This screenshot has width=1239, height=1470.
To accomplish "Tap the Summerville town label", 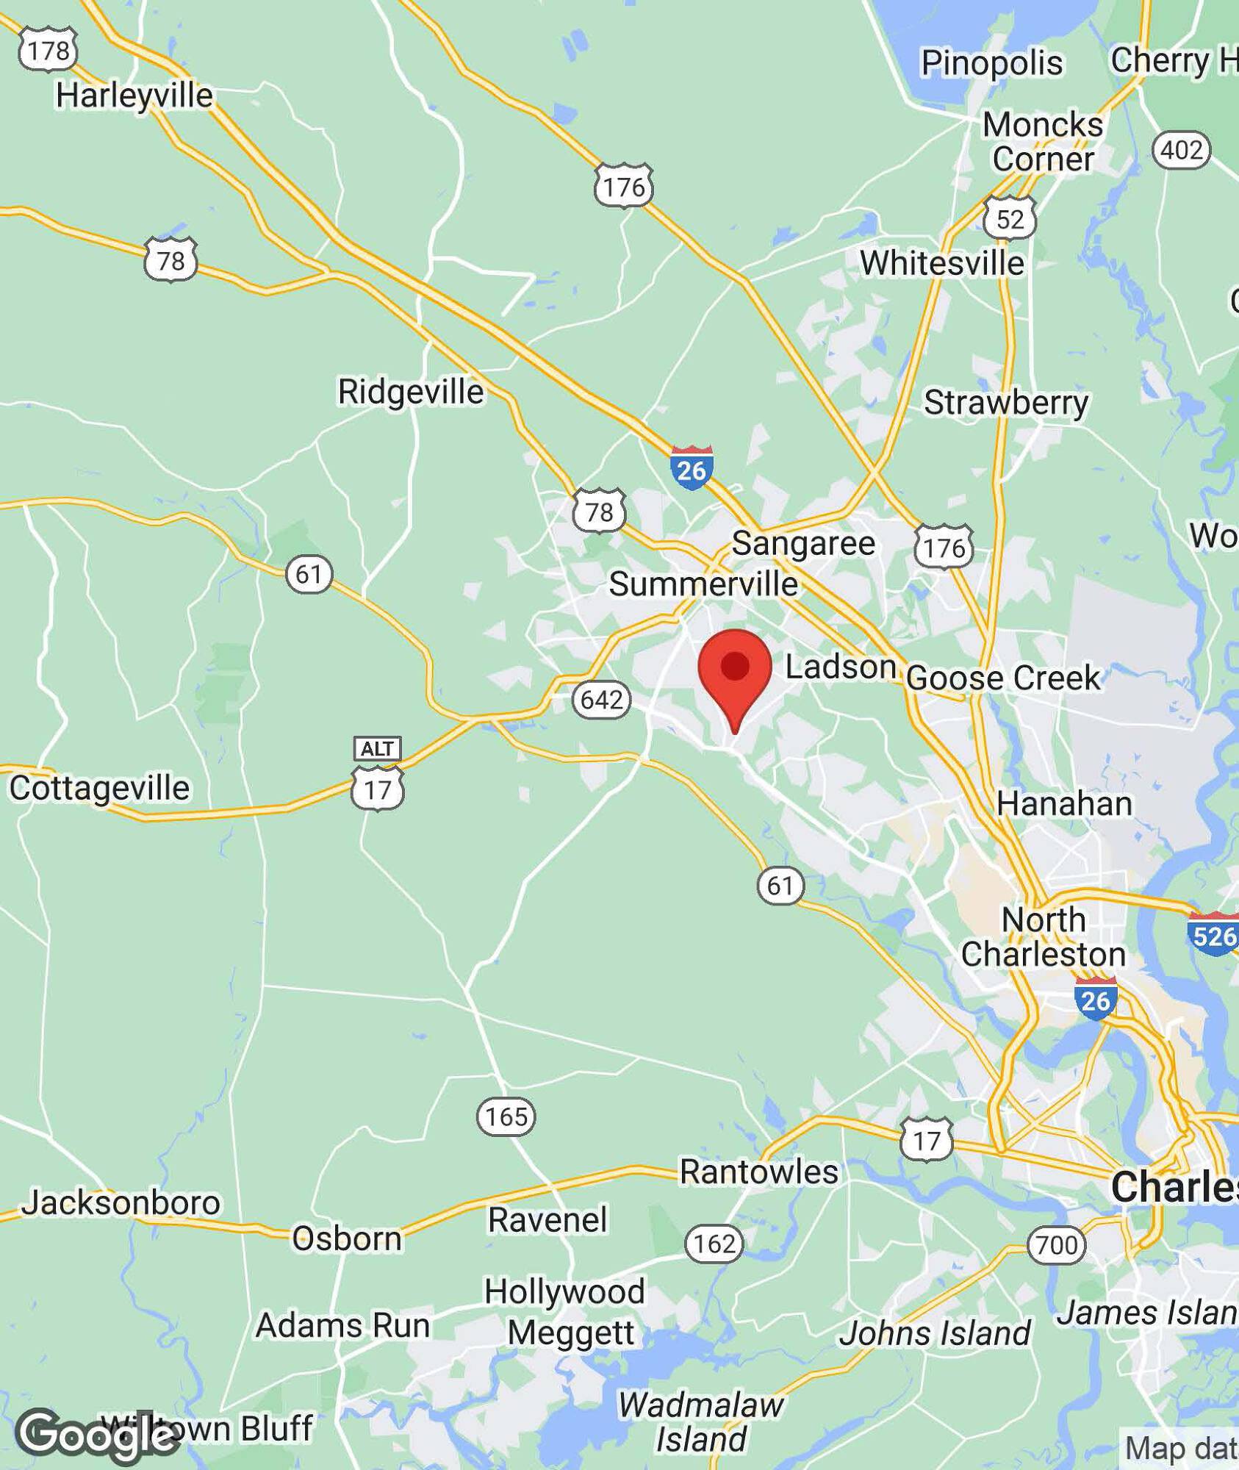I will (x=703, y=584).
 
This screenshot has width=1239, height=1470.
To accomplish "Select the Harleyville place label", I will (x=134, y=96).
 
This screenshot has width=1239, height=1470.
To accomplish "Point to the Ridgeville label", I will (x=410, y=391).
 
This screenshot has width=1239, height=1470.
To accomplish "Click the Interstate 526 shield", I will (x=1213, y=935).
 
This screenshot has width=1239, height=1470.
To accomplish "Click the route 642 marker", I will (x=601, y=699).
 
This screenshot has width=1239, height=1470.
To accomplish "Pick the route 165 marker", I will (x=506, y=1116).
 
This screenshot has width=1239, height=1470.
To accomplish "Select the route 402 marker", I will (x=1181, y=150).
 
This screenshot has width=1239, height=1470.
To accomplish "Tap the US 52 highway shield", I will (x=1010, y=218).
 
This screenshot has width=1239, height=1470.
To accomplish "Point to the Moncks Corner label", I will (x=1043, y=142).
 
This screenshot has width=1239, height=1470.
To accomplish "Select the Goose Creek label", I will (x=1003, y=678).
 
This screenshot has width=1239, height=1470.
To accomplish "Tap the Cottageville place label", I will (x=99, y=788).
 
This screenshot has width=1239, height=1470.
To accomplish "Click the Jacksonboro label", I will (x=121, y=1203).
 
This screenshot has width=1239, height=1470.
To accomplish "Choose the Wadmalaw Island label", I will (x=700, y=1421).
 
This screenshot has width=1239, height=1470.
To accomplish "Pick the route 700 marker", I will (x=1056, y=1245).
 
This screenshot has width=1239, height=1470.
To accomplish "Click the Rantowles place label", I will (x=758, y=1172).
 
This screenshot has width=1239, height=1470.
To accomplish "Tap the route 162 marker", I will (x=714, y=1244).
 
